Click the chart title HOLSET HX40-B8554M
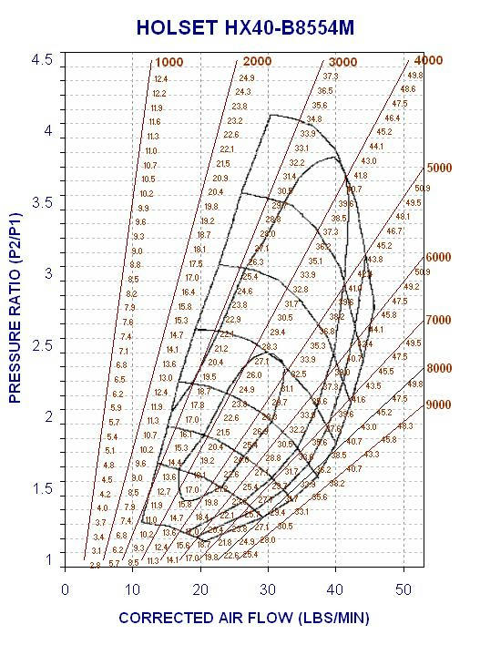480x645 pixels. point(245,28)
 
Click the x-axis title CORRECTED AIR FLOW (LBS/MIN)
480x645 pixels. point(243,618)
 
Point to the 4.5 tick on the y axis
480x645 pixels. point(43,60)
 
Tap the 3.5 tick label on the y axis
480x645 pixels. point(43,202)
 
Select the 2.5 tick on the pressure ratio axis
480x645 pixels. point(43,345)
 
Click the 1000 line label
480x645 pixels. point(169,62)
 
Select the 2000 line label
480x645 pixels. point(257,61)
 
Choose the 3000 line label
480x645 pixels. point(342,61)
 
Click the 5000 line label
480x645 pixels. point(440,168)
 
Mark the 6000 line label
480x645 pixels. point(440,258)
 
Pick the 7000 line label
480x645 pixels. point(440,320)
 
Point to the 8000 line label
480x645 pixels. point(440,368)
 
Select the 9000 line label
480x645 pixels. point(440,404)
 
